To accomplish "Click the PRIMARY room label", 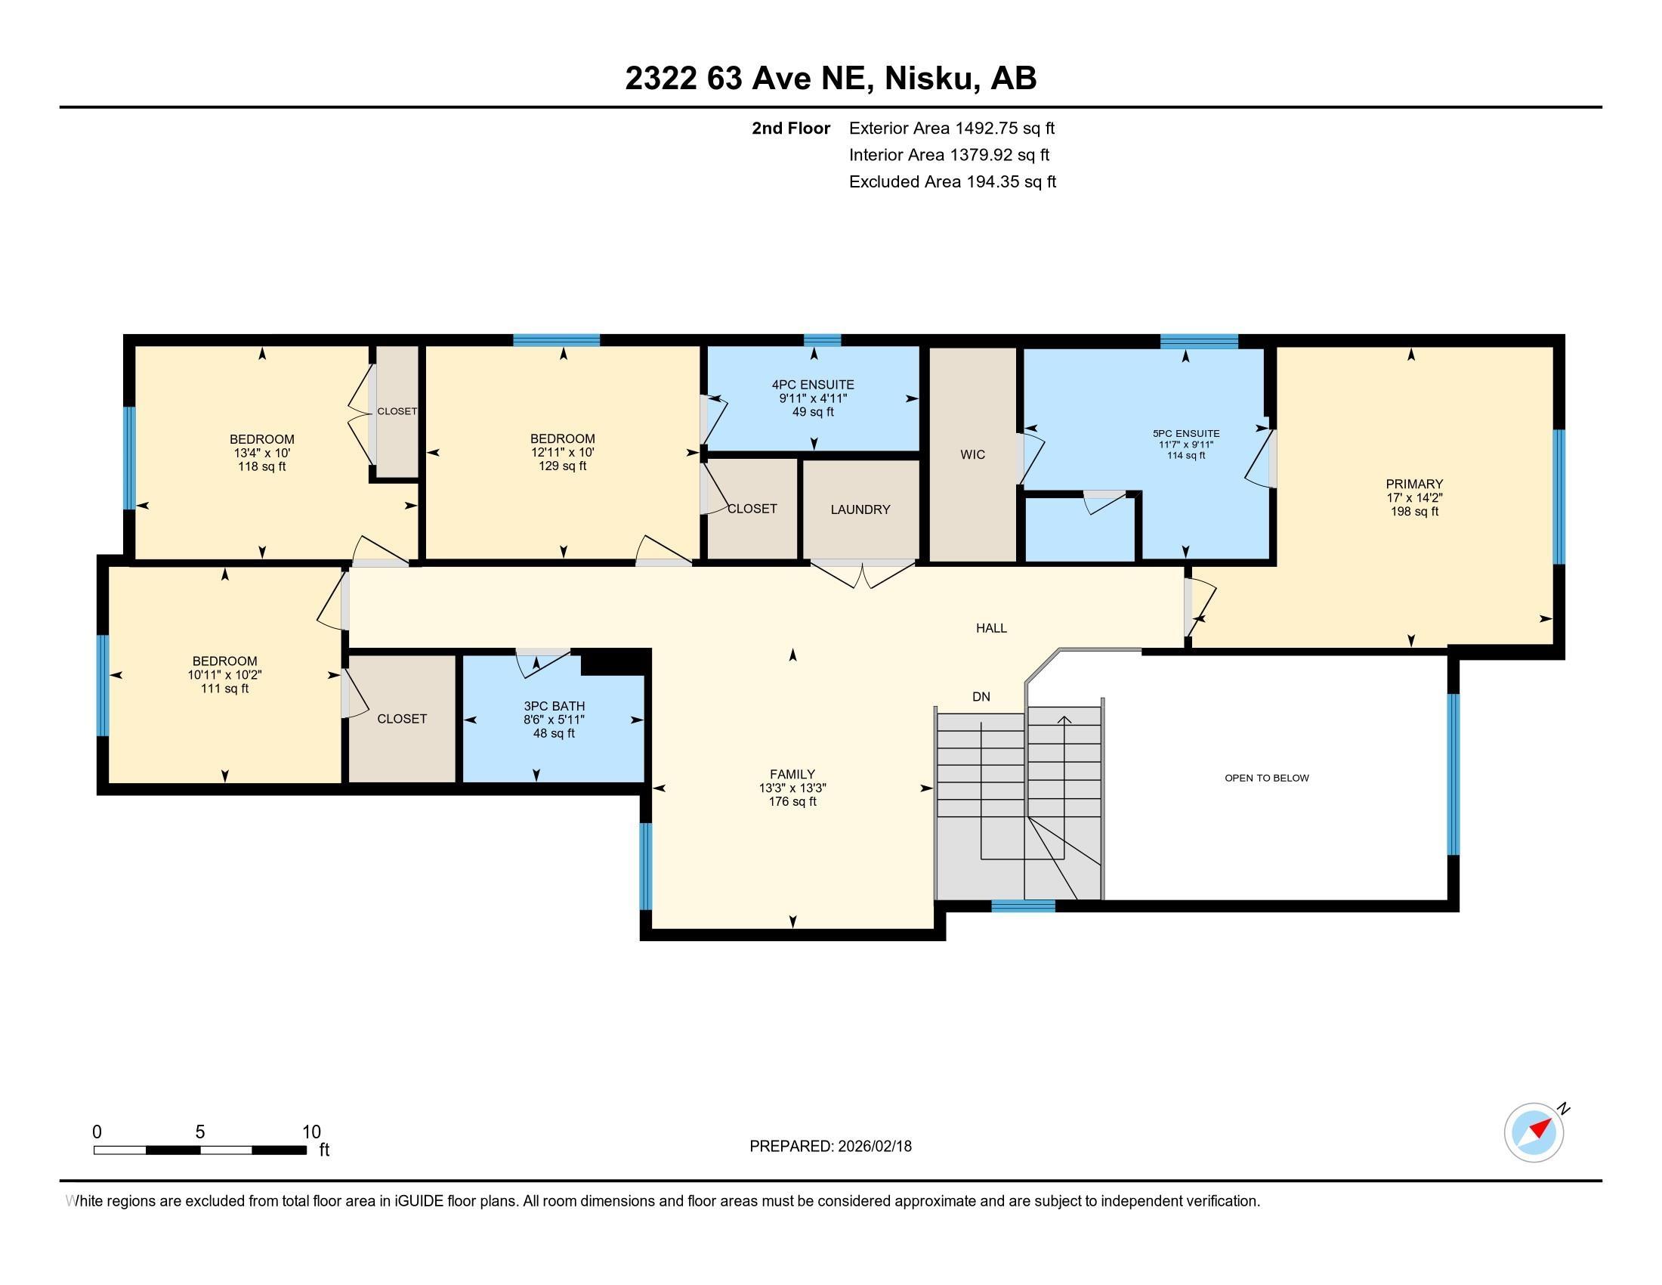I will pos(1414,484).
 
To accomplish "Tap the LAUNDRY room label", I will pos(860,509).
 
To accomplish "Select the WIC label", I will pos(972,454).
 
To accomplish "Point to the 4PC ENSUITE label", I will pos(813,385).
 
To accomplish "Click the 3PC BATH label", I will pos(553,706).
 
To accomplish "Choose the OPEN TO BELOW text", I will pos(1266,778).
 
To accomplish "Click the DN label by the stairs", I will pos(981,697).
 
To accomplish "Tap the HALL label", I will pos(991,628).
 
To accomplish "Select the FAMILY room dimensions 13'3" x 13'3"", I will pos(792,788).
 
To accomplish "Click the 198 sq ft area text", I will pos(1414,512).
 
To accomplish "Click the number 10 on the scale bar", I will pos(311,1132).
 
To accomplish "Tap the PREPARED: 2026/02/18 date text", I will pos(830,1147).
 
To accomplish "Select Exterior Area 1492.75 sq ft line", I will pos(951,128).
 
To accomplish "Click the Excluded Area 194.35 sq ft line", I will pos(952,182).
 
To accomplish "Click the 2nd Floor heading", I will pos(790,128).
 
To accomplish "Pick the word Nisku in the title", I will pos(931,79).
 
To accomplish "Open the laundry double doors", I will pos(861,574).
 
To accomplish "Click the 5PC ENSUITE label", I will pos(1185,433).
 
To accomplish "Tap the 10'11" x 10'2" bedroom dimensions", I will pos(224,674).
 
